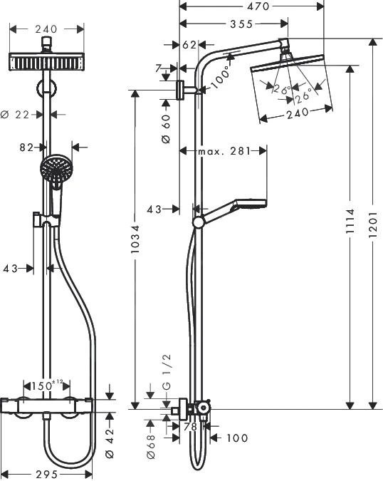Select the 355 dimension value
tap(234, 24)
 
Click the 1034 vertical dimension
tap(135, 246)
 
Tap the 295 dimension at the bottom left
tap(48, 473)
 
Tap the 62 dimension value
tap(189, 45)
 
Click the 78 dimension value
tap(190, 427)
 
